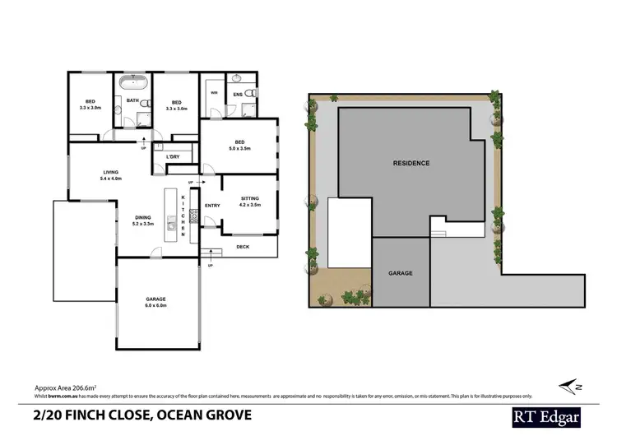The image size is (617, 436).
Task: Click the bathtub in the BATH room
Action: (132, 82)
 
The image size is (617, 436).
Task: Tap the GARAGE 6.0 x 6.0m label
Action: (156, 302)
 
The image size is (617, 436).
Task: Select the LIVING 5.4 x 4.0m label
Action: (110, 174)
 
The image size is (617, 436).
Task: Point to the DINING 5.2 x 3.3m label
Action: (144, 220)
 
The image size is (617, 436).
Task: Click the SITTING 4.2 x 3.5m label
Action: (250, 202)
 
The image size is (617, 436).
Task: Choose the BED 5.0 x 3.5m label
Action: (240, 145)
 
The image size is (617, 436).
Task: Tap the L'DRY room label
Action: (173, 156)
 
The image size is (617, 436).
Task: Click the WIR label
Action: (213, 93)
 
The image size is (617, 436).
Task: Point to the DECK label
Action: (243, 246)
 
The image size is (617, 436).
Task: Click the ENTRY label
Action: (212, 205)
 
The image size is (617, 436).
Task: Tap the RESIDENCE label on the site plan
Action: (411, 163)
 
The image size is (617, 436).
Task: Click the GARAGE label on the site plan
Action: (401, 272)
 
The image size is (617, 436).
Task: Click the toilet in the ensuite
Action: (254, 94)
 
